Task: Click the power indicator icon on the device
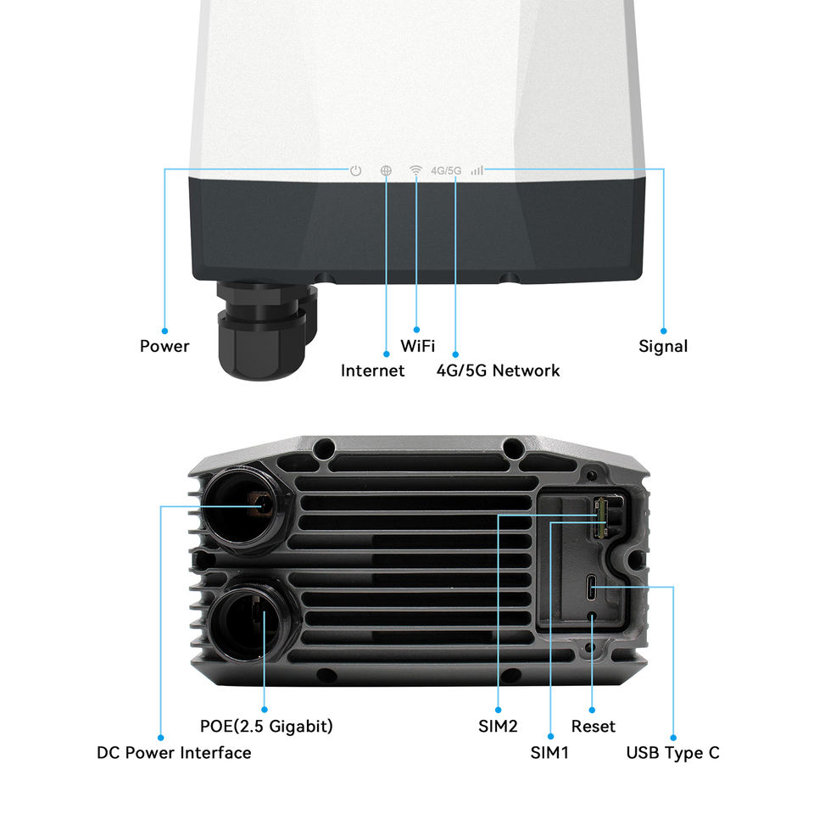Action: coord(356,170)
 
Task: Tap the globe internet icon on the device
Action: coord(386,170)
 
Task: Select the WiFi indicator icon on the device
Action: coord(415,170)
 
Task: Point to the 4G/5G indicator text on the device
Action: coord(446,170)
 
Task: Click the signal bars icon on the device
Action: coord(477,170)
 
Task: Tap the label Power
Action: coord(164,346)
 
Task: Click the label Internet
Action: coord(372,371)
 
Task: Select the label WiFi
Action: coord(418,346)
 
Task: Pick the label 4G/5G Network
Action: coord(498,371)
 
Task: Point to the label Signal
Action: coord(663,346)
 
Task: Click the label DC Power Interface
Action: coord(174,752)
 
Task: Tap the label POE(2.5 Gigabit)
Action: coord(266,727)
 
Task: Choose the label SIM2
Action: coord(498,727)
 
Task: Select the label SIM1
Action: coord(549,752)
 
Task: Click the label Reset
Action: coord(594,727)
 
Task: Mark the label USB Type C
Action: coord(672,752)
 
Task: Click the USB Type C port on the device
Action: coord(593,586)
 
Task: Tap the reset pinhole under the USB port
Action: coord(593,616)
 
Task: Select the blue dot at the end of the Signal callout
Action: coord(663,330)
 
